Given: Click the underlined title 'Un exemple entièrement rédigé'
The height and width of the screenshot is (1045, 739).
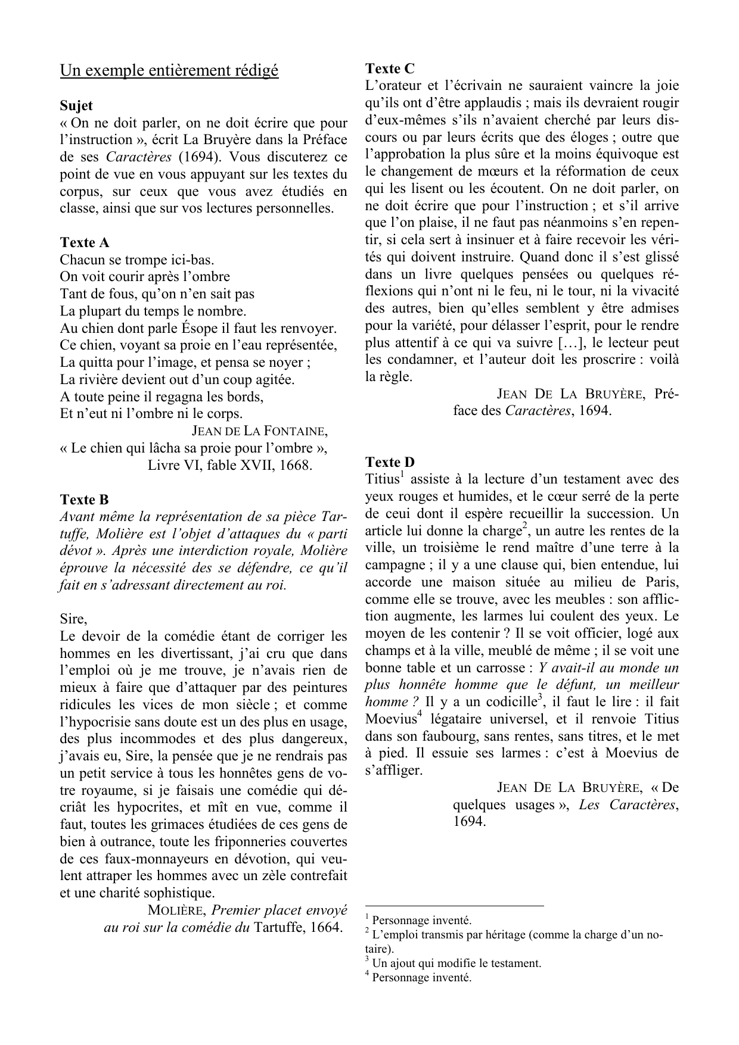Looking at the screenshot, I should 169,71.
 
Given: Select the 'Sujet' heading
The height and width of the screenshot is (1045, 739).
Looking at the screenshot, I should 76,106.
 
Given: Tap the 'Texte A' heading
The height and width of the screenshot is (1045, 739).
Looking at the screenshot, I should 85,242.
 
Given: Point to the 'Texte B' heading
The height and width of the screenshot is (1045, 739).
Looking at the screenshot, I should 85,500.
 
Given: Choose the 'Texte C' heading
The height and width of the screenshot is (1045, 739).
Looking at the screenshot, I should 390,68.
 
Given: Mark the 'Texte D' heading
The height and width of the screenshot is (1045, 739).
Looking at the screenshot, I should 390,462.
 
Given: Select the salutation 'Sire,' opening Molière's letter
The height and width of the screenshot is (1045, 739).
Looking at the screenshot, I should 73,619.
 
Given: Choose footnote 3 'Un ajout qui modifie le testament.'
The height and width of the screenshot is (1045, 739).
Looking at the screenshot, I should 456,963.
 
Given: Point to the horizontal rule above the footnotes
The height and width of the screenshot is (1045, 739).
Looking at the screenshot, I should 454,906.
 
